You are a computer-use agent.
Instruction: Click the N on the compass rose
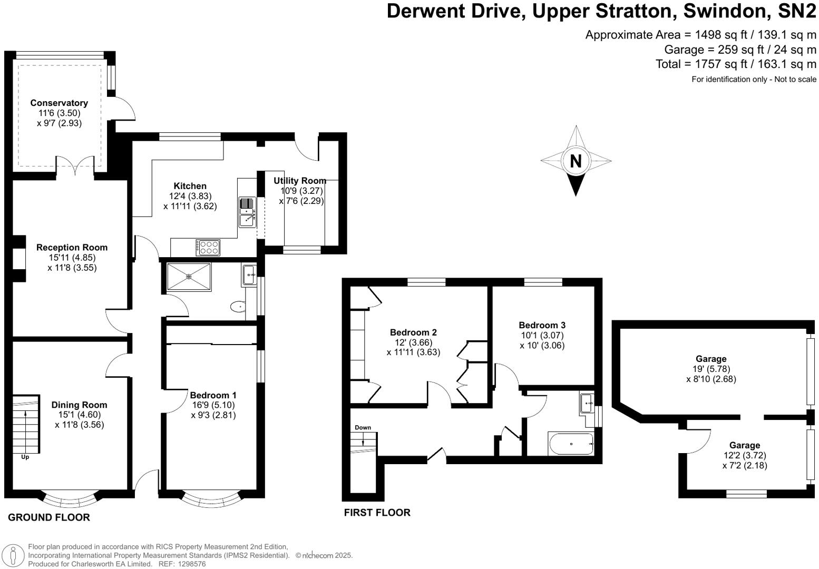576,161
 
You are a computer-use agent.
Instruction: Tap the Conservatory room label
59,103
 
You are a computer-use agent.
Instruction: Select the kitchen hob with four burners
208,247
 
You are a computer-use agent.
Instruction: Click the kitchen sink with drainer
247,212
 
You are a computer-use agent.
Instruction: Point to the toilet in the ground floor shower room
238,307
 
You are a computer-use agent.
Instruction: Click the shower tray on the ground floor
189,277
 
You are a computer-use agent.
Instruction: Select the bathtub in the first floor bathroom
571,444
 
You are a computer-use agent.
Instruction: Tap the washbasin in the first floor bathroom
587,403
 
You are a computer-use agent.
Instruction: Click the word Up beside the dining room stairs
25,457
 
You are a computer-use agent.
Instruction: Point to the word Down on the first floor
363,427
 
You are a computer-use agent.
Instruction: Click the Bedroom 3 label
542,325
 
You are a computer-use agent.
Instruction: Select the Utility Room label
299,181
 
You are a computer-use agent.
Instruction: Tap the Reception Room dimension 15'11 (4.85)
72,258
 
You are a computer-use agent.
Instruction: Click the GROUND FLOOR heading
48,517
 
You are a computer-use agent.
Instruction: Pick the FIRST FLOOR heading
377,512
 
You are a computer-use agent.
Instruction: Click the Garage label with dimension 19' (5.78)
711,359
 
